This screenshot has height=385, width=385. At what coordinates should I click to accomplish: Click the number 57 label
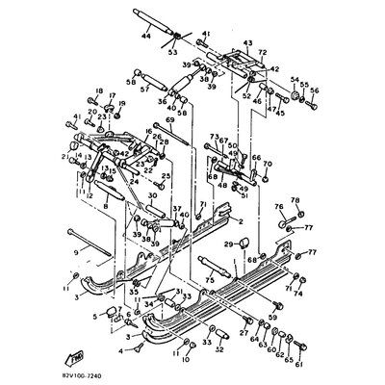tap(145, 88)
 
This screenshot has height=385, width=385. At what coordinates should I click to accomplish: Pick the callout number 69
tap(169, 120)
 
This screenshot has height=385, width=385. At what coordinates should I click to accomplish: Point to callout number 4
tap(120, 351)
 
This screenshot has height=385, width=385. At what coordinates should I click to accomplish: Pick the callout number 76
tap(277, 206)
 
